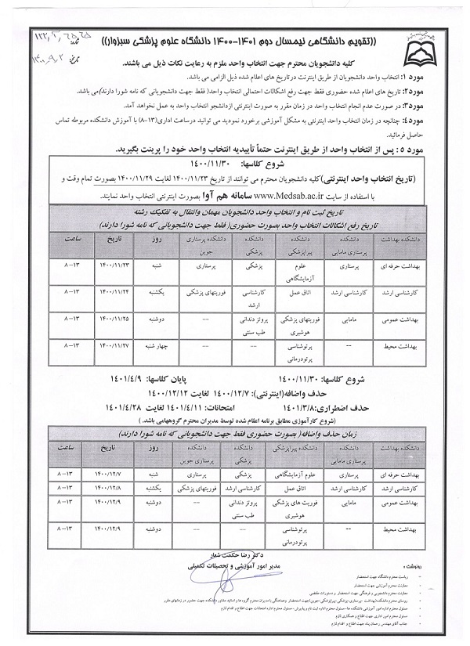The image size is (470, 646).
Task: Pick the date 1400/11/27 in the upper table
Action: [114, 345]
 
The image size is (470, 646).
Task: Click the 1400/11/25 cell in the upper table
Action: [114, 319]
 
